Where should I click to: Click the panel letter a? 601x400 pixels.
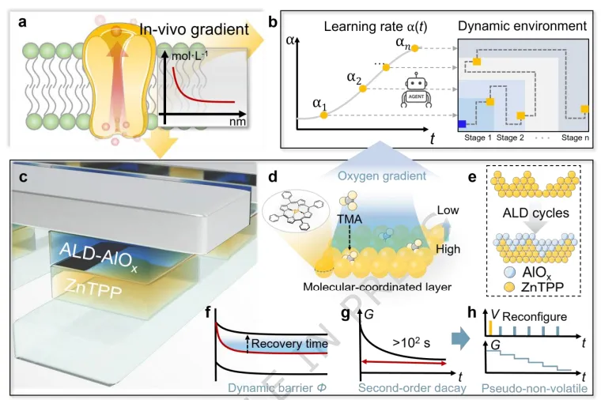tap(24, 21)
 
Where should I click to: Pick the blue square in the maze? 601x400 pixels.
tap(462, 123)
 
